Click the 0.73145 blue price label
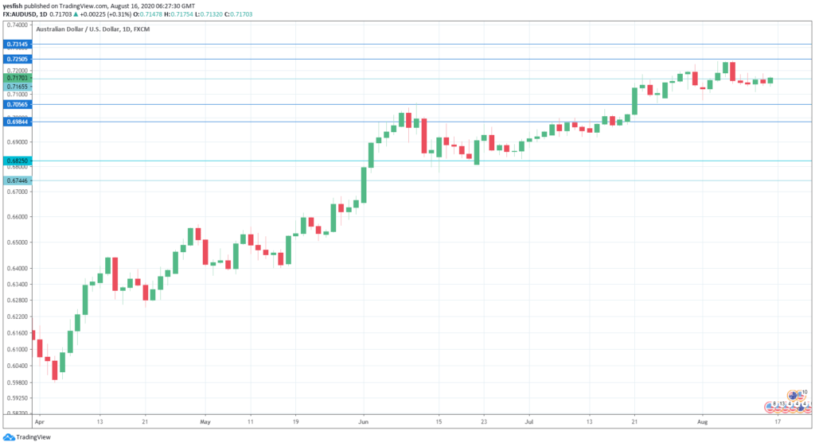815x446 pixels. pyautogui.click(x=17, y=45)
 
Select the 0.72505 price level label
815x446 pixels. pyautogui.click(x=17, y=60)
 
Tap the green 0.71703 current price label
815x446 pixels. pyautogui.click(x=17, y=78)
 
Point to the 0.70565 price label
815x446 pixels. pyautogui.click(x=17, y=104)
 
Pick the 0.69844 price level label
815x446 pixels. pyautogui.click(x=17, y=122)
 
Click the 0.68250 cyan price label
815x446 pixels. pyautogui.click(x=17, y=161)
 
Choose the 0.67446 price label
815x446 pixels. pyautogui.click(x=17, y=181)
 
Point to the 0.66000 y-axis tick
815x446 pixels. pyautogui.click(x=17, y=216)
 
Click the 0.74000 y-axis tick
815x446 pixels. pyautogui.click(x=17, y=25)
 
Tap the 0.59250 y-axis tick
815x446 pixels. pyautogui.click(x=17, y=398)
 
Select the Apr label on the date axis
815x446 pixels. pyautogui.click(x=41, y=422)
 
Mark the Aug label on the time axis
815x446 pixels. pyautogui.click(x=703, y=422)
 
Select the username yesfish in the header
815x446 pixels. pyautogui.click(x=15, y=5)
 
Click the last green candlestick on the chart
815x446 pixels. pyautogui.click(x=770, y=80)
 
